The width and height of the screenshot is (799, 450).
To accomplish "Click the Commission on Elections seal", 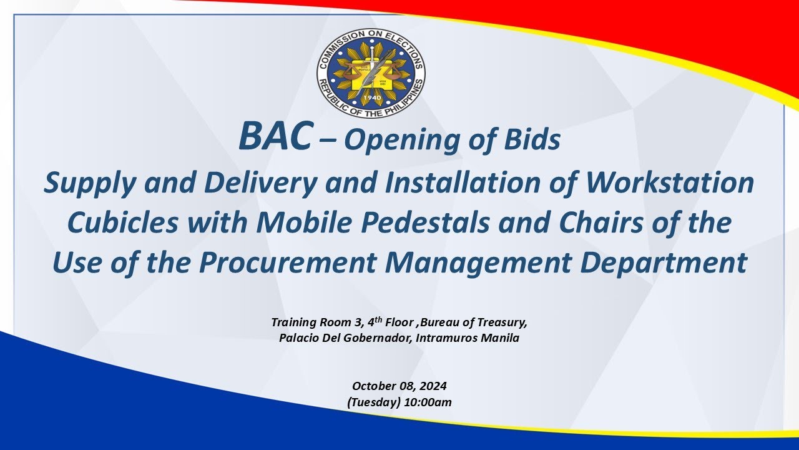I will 371,72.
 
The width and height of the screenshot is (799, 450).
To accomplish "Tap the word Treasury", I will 504,322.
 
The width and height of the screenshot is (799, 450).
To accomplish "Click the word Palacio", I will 300,338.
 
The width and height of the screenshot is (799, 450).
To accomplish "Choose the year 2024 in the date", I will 433,386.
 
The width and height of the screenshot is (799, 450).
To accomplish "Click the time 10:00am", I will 428,402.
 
